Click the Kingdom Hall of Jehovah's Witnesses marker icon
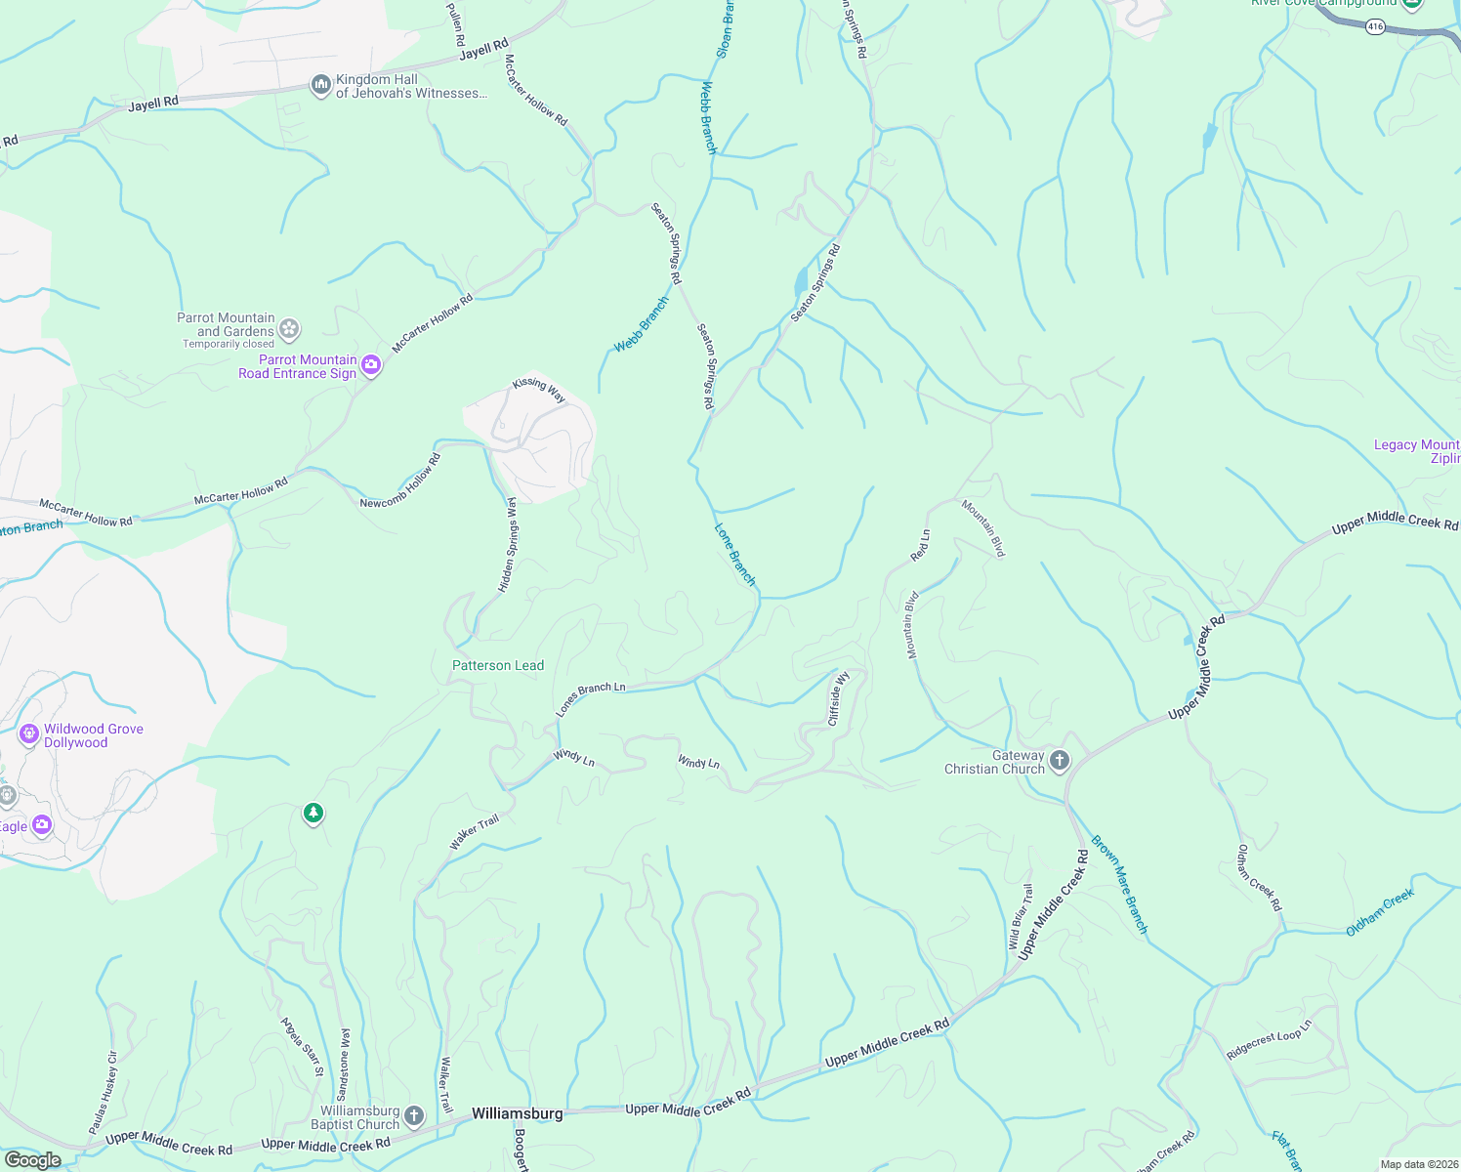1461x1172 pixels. (x=321, y=86)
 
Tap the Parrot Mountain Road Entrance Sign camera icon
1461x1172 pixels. (x=371, y=366)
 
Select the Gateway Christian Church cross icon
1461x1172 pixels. (x=1060, y=762)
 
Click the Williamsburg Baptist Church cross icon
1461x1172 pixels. (x=414, y=1116)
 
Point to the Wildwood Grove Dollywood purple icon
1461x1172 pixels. (x=29, y=732)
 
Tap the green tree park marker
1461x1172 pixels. (x=313, y=813)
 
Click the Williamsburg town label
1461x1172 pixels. (x=517, y=1113)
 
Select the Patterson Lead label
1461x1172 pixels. (x=498, y=665)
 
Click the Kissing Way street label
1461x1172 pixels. (x=539, y=390)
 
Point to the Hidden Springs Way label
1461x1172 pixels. (x=508, y=544)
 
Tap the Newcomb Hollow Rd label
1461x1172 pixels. (x=400, y=481)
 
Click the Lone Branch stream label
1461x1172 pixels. (x=735, y=555)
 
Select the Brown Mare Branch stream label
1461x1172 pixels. (x=1119, y=884)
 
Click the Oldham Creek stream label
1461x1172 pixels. (x=1379, y=912)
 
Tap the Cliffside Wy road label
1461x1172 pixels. (x=838, y=698)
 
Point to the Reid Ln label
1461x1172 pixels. (x=920, y=545)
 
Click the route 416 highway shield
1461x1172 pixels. (x=1375, y=26)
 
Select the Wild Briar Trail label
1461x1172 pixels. (x=1021, y=916)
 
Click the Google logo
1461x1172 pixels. (x=32, y=1160)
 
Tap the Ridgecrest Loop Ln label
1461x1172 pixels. (x=1270, y=1041)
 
